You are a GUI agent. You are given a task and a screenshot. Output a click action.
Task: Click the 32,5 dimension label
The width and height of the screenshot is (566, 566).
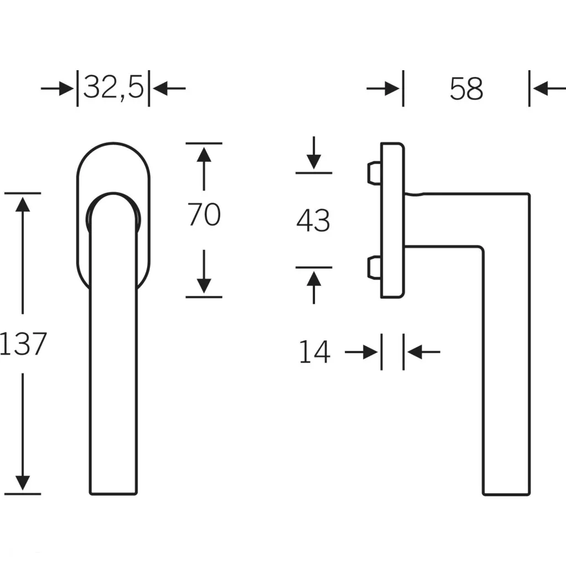pyautogui.click(x=113, y=88)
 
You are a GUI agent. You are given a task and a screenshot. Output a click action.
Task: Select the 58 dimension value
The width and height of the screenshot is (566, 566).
pyautogui.click(x=466, y=88)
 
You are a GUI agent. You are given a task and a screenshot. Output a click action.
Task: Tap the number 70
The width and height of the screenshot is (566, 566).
pyautogui.click(x=204, y=214)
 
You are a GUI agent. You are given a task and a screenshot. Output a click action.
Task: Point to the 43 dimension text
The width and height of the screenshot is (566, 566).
pyautogui.click(x=313, y=220)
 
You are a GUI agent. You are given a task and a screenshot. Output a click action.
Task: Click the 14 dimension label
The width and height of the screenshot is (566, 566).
pyautogui.click(x=315, y=352)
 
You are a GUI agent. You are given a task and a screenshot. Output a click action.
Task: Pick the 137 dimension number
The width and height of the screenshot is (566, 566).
pyautogui.click(x=23, y=344)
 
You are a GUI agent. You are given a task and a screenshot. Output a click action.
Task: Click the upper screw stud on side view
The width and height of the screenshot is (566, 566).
pyautogui.click(x=374, y=173)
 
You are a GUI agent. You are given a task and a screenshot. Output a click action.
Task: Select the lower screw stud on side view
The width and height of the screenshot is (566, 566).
pyautogui.click(x=374, y=268)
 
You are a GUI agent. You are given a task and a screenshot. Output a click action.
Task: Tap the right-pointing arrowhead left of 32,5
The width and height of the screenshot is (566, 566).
pyautogui.click(x=66, y=88)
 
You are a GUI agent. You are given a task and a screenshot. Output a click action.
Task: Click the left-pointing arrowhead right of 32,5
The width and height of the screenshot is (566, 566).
pyautogui.click(x=160, y=88)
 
